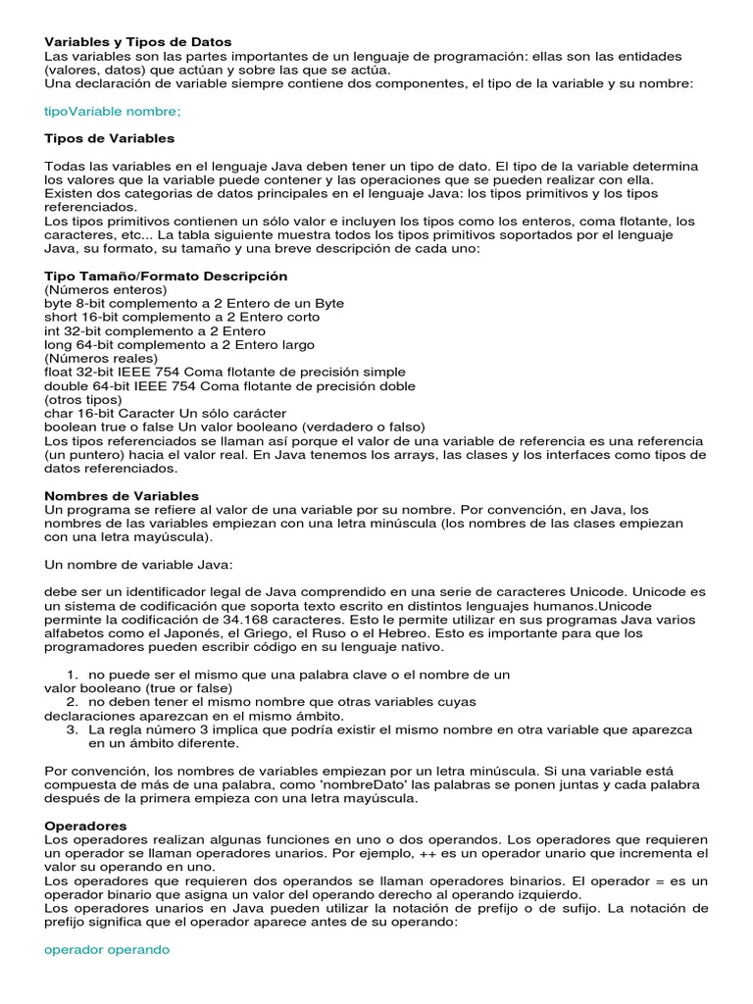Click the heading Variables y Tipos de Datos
pyautogui.click(x=138, y=42)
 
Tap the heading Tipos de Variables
pyautogui.click(x=110, y=138)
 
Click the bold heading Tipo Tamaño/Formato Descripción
pyautogui.click(x=167, y=276)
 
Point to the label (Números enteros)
pyautogui.click(x=106, y=290)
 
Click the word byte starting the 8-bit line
pyautogui.click(x=59, y=304)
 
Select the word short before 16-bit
pyautogui.click(x=61, y=318)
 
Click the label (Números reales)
pyautogui.click(x=101, y=359)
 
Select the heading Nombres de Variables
pyautogui.click(x=122, y=496)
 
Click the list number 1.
pyautogui.click(x=72, y=675)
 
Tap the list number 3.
pyautogui.click(x=72, y=729)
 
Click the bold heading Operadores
pyautogui.click(x=85, y=827)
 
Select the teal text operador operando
pyautogui.click(x=108, y=950)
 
